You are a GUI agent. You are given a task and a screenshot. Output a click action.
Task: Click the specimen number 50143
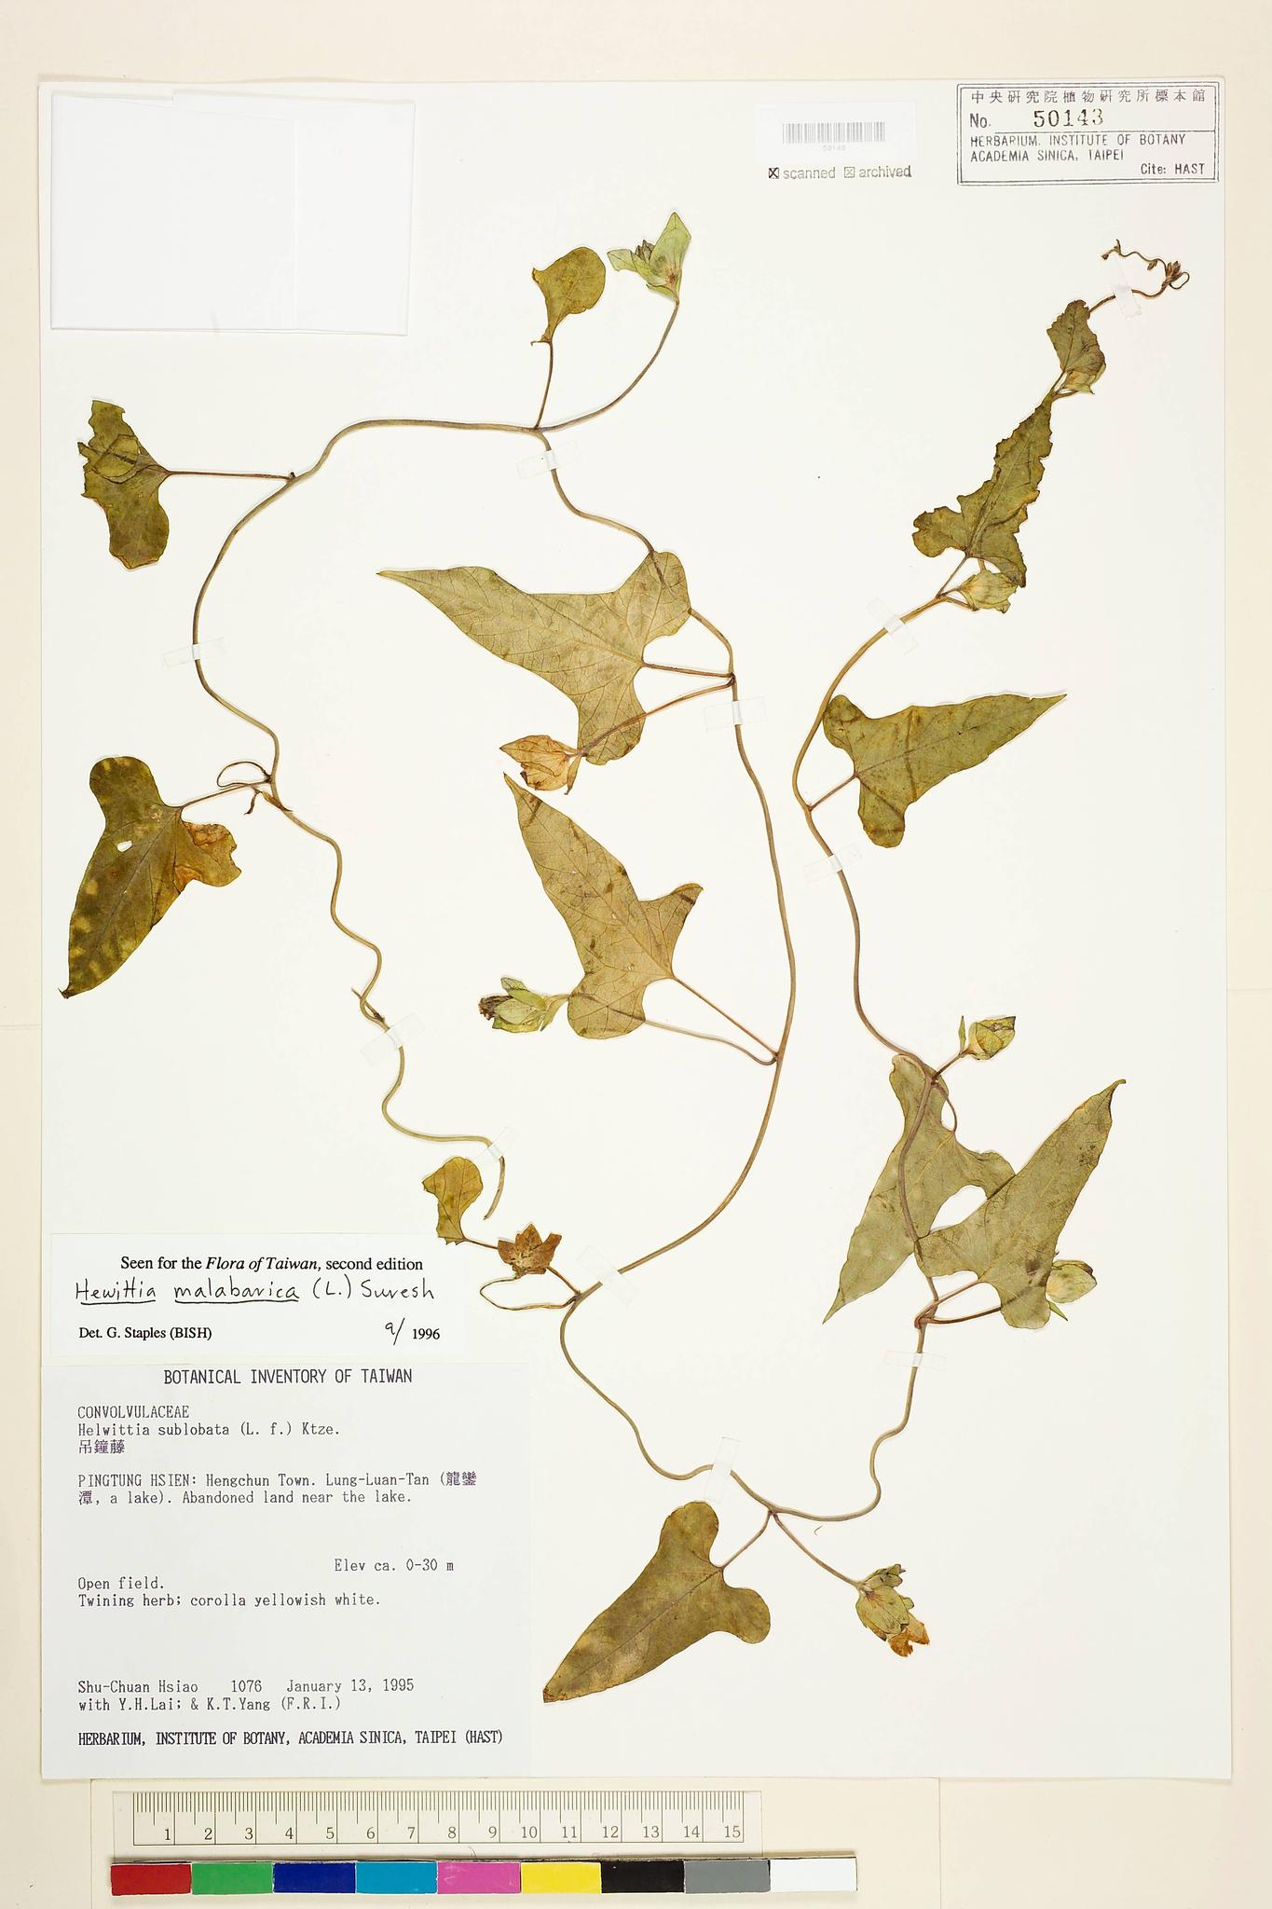[x=1067, y=118]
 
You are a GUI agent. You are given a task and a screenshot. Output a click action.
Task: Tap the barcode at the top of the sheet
[x=833, y=132]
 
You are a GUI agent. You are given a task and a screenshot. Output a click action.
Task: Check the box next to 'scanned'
[x=773, y=172]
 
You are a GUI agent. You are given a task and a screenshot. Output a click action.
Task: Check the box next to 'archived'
[x=849, y=172]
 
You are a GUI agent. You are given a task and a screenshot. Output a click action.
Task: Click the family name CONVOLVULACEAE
[x=133, y=1412]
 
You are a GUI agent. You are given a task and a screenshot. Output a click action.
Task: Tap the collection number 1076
[x=246, y=1685]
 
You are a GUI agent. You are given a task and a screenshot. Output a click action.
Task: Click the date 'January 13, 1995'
[x=349, y=1685]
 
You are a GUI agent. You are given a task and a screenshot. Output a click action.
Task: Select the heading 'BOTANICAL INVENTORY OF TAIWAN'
[x=287, y=1377]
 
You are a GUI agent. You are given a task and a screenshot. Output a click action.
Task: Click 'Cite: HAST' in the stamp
[x=1172, y=169]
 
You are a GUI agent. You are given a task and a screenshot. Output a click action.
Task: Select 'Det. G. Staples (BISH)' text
[x=145, y=1333]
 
